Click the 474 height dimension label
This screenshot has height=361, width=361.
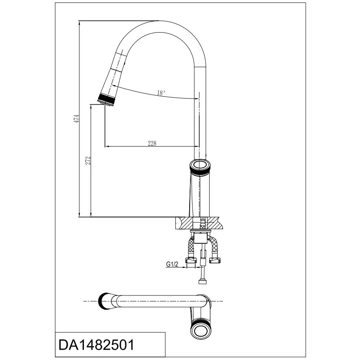coord(77,118)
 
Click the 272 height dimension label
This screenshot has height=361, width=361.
coord(88,160)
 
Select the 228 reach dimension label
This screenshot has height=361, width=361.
coord(152,143)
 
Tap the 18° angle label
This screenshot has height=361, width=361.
coord(161,93)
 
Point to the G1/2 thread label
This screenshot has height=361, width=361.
coord(172,264)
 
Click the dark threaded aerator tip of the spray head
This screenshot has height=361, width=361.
coord(106,101)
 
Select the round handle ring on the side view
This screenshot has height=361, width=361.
coord(200,166)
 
